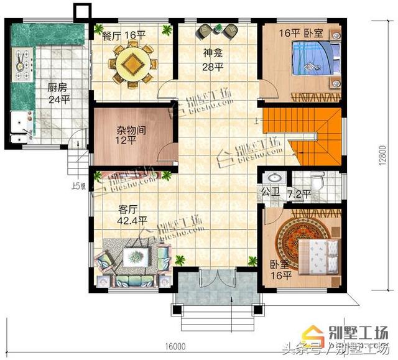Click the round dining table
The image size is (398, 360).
[131, 62]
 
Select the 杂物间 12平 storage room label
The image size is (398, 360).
[131, 136]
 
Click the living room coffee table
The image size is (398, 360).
[134, 256]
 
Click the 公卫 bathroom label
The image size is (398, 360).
[269, 192]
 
